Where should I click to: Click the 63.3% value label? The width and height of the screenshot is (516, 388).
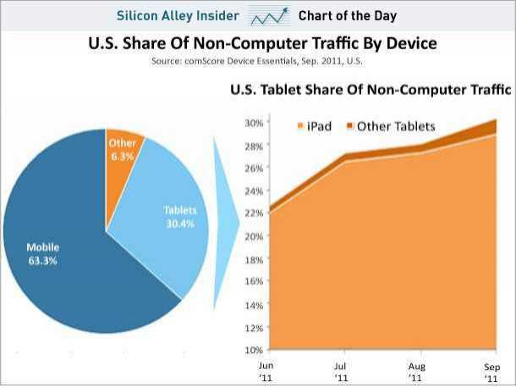pos(43,259)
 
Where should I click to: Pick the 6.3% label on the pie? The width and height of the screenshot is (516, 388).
pos(124,156)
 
